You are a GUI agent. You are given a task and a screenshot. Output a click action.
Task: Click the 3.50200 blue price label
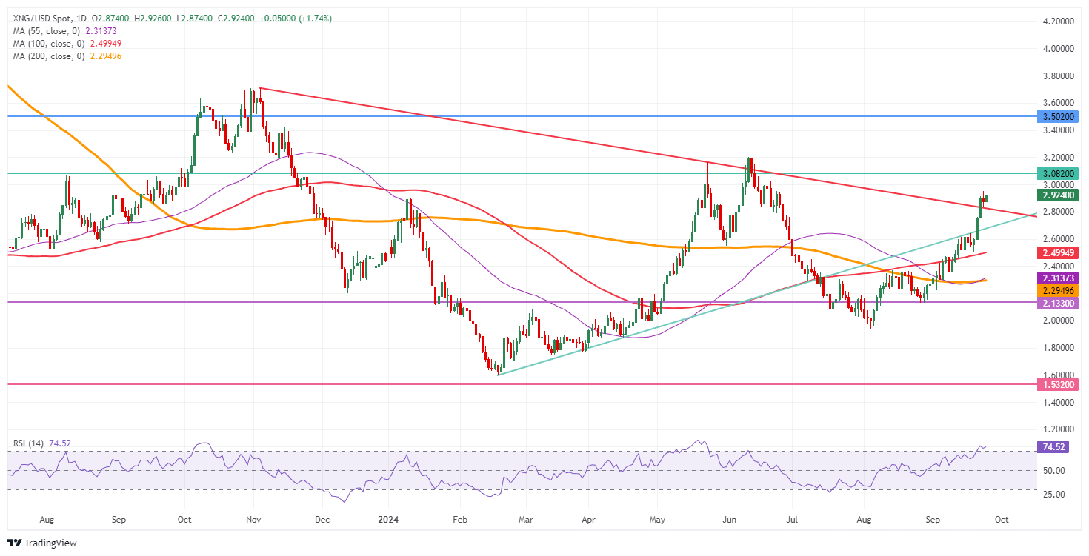click(1057, 116)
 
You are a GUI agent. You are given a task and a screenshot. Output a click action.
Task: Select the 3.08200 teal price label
click(1057, 173)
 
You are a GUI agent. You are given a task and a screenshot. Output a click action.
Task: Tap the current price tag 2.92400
click(1057, 195)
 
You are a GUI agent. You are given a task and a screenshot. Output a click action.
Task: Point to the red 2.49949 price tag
click(1057, 252)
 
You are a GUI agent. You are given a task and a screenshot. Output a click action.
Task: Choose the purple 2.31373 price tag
click(1057, 278)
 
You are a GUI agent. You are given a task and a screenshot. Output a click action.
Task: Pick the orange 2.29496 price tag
click(1057, 290)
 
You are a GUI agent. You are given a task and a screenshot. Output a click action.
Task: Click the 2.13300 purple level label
click(1057, 304)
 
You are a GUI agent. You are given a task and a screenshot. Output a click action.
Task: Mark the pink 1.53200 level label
click(1057, 385)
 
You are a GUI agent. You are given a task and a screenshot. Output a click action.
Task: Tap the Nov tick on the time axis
click(253, 520)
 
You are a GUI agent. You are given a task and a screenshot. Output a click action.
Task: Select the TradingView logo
click(44, 543)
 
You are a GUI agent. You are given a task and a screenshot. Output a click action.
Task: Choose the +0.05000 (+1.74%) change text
click(295, 19)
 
